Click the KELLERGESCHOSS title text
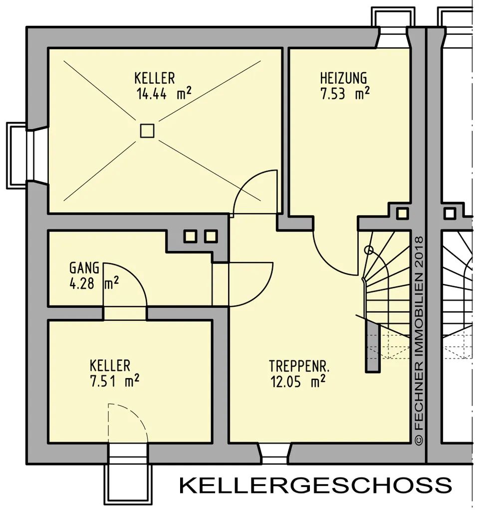tap(315, 485)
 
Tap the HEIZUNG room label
tap(343, 78)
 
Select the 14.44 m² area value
tap(164, 94)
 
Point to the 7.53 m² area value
tap(345, 93)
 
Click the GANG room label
tap(84, 268)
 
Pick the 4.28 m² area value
tap(94, 283)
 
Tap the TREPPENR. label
tap(299, 366)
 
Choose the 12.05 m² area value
tap(298, 381)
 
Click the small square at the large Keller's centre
tap(147, 131)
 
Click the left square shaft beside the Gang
tap(190, 237)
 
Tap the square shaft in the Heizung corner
tap(402, 213)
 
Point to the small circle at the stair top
tap(369, 250)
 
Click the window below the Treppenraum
tap(274, 454)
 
